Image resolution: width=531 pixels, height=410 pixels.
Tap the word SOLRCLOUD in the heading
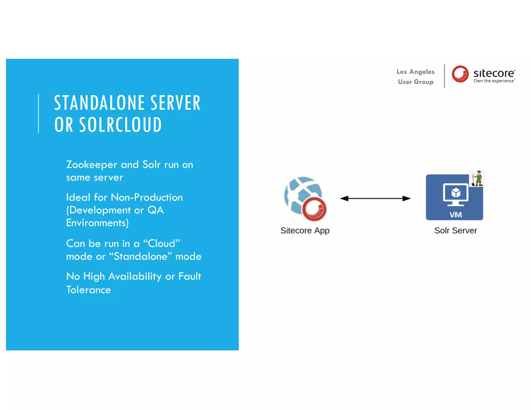click(120, 125)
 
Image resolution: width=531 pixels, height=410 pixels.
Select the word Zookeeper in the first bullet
click(92, 165)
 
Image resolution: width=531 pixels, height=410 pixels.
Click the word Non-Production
click(146, 197)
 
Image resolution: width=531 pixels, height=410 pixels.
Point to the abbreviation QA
click(156, 210)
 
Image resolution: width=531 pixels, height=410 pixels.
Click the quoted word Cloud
click(161, 244)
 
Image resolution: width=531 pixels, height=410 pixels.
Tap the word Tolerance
click(88, 290)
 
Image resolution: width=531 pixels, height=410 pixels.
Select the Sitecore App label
click(305, 230)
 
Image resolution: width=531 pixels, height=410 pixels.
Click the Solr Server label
click(455, 230)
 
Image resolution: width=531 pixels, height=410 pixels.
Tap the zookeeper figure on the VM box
click(477, 178)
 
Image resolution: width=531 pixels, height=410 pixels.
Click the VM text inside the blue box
click(455, 215)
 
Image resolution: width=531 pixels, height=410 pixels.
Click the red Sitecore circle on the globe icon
click(314, 209)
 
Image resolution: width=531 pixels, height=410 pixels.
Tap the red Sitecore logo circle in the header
click(460, 74)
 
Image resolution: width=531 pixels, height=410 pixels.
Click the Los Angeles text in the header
click(415, 72)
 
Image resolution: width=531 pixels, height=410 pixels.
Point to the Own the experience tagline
click(494, 81)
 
